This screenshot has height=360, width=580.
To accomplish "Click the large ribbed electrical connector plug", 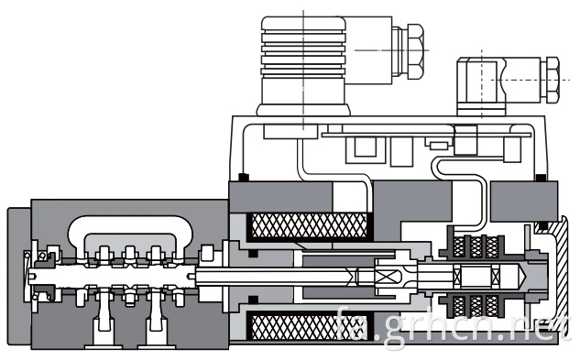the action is click(303, 65).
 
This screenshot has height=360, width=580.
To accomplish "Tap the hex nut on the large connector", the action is click(415, 51).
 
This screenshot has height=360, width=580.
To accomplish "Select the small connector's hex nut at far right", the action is click(553, 80).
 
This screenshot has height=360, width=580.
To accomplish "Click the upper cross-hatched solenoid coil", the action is click(309, 225).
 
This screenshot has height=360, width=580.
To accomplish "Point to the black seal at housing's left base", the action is click(244, 178).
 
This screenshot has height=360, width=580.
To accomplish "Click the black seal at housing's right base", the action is click(542, 178).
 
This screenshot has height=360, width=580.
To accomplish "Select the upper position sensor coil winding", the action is click(476, 247).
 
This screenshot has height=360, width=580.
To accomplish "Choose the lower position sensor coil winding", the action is click(476, 306).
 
